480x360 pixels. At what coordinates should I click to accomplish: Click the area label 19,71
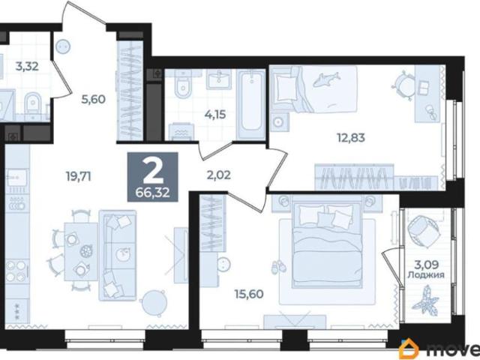coord(79,176)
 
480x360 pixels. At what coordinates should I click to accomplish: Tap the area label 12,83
coord(351,138)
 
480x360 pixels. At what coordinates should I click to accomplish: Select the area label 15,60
coord(249,294)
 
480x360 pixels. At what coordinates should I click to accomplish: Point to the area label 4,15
coord(215,115)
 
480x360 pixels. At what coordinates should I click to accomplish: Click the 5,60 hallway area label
coord(93,99)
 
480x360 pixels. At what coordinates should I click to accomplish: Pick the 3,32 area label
coord(27,66)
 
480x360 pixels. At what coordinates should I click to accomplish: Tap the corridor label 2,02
coord(219,175)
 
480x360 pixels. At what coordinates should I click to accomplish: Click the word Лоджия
coord(426,275)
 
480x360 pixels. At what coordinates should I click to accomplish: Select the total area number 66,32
coord(153,193)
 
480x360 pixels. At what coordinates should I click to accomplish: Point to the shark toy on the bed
coord(326,79)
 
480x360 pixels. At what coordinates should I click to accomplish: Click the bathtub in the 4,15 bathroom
coord(251,105)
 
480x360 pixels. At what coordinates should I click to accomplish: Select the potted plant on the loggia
coord(425,300)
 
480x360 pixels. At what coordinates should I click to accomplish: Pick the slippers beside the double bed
coord(278,267)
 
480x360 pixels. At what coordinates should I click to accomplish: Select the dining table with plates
coord(81,252)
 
